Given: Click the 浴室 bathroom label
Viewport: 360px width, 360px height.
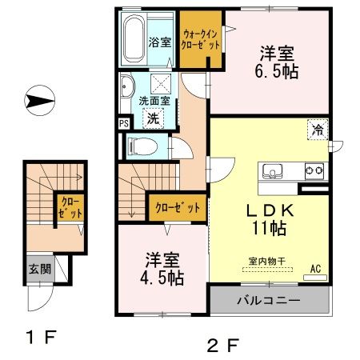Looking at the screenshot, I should [x=160, y=42].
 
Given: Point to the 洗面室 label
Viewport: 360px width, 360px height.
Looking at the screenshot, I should [x=154, y=102].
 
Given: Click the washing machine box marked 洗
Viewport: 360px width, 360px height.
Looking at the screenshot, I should [x=152, y=118].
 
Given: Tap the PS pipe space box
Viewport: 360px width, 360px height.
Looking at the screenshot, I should [x=122, y=123].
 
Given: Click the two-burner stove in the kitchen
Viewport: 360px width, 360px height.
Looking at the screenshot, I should [x=313, y=170].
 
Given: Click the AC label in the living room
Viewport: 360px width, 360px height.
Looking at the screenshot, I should [x=314, y=270].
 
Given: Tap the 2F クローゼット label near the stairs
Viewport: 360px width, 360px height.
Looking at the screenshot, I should [x=178, y=207].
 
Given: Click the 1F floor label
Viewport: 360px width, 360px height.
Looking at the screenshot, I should [x=38, y=337].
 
